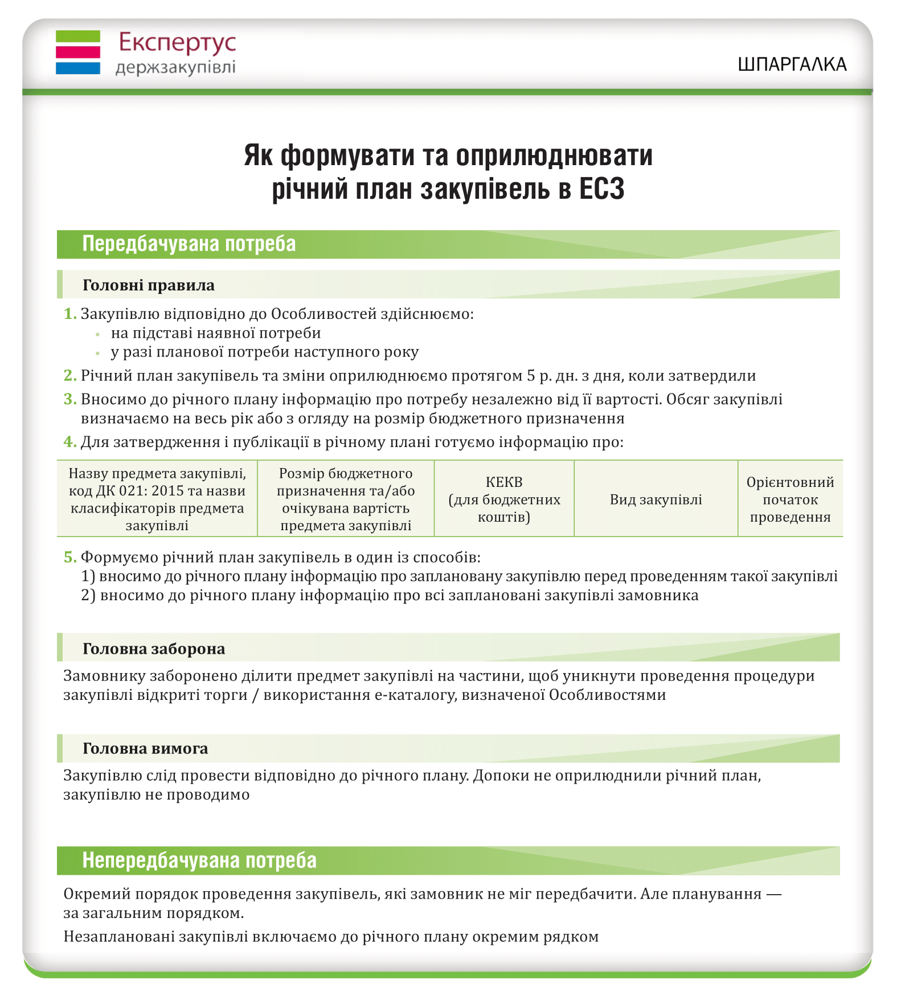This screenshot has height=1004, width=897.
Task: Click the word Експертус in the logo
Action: point(177,43)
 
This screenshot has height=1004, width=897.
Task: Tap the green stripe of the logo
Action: point(78,36)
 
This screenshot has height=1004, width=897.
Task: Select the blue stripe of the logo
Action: point(78,68)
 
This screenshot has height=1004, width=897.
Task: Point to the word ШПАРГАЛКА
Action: point(792,64)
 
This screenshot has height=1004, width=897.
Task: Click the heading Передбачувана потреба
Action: point(189,244)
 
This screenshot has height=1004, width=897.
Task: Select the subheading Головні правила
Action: point(149,285)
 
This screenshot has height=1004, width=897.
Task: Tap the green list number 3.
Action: point(70,399)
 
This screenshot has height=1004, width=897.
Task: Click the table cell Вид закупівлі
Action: point(656,499)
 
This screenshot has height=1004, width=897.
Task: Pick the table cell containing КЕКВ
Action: point(504,499)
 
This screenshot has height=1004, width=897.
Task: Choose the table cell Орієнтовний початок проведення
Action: point(790,499)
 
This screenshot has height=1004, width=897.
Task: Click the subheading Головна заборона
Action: point(154,648)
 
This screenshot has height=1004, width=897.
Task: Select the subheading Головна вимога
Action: point(145,748)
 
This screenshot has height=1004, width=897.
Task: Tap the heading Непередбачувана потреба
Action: point(199,860)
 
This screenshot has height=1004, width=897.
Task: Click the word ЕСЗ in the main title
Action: point(602,188)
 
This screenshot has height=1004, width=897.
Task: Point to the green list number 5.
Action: point(70,557)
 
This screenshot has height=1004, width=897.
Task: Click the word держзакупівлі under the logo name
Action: point(175,68)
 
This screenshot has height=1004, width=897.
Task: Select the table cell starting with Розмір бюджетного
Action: point(346,499)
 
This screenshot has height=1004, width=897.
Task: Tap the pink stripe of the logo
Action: point(78,52)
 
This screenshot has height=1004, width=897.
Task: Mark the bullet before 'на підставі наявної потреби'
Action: point(98,334)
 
